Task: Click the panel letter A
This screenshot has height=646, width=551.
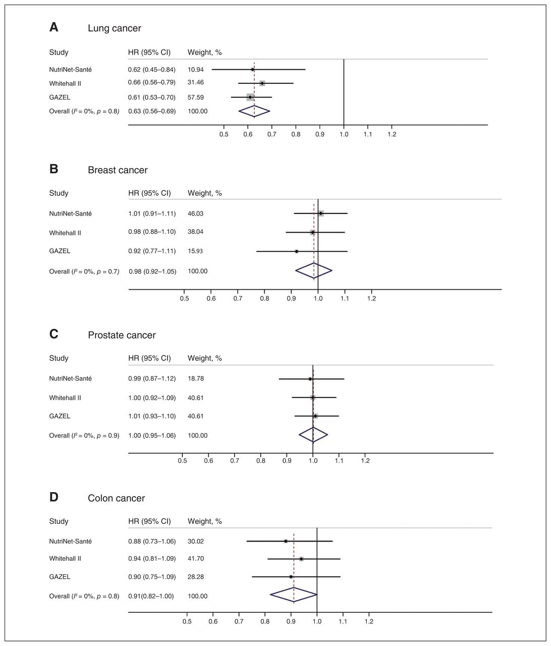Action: (x=54, y=27)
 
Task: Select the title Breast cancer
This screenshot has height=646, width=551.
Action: (x=118, y=170)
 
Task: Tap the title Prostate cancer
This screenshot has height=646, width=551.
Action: (x=122, y=335)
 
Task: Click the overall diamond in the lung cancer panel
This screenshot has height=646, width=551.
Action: (x=254, y=111)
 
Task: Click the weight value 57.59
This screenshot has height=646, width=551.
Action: (x=196, y=97)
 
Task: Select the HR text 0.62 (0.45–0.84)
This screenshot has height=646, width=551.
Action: (x=151, y=69)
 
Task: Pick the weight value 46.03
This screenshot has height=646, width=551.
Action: (x=195, y=213)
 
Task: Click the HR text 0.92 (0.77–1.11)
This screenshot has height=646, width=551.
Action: (x=152, y=251)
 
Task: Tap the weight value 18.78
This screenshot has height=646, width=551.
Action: (x=196, y=379)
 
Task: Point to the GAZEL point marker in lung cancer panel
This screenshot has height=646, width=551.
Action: (x=250, y=97)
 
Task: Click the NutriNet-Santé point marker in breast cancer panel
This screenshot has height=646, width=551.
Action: (x=321, y=213)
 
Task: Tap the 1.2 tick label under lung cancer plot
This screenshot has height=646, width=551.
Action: (x=392, y=134)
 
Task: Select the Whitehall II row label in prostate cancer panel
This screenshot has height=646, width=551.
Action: (x=65, y=398)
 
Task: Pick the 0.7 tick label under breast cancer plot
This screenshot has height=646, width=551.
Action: (x=238, y=298)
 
